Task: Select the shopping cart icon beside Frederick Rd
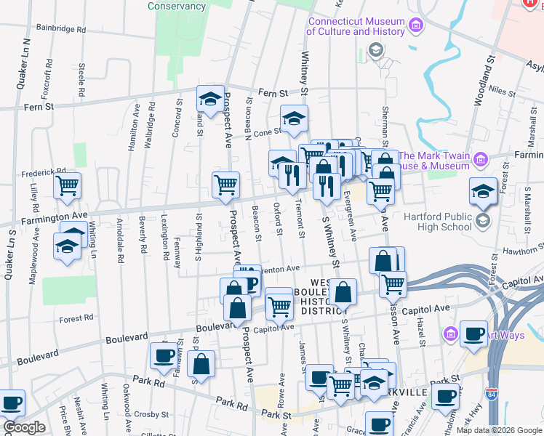point(68,185)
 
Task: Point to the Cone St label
point(267,132)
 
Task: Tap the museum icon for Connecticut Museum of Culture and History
point(416,27)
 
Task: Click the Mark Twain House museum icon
point(479,158)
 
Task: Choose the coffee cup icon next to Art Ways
point(474,334)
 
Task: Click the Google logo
point(24,428)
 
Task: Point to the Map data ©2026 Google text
point(499,430)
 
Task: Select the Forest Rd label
point(76,318)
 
